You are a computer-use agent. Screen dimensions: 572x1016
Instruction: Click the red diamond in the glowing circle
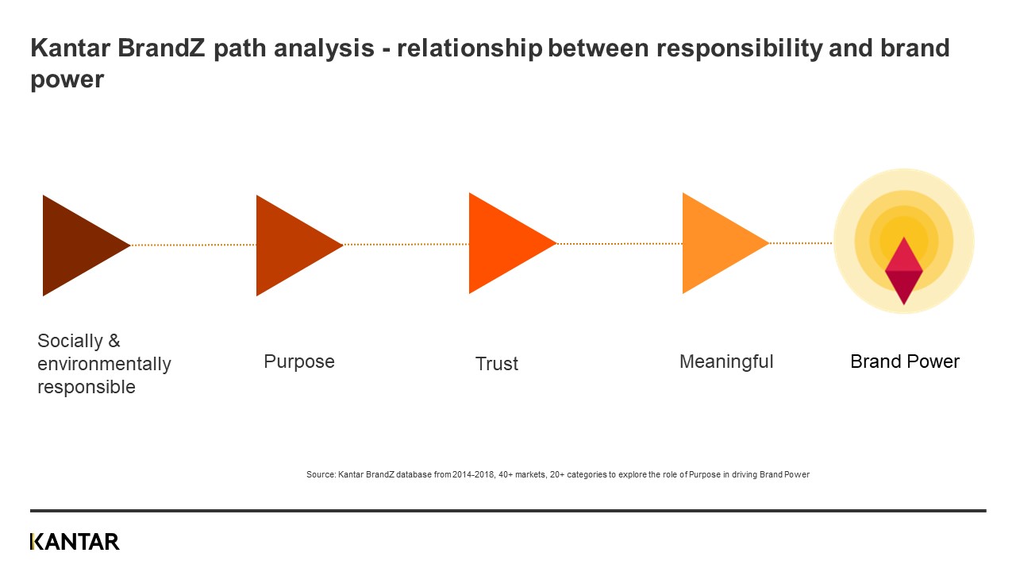tap(903, 271)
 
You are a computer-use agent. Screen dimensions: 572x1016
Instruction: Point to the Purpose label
tap(299, 361)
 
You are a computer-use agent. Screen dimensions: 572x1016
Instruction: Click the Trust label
tap(497, 364)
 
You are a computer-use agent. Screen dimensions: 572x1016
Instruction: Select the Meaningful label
tap(726, 361)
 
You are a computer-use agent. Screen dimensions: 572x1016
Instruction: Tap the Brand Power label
tap(905, 361)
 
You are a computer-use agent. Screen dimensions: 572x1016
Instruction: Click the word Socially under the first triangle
tap(70, 341)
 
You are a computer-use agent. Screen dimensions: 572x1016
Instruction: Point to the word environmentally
tap(104, 364)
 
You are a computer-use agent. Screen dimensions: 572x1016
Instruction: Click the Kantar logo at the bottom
tap(75, 542)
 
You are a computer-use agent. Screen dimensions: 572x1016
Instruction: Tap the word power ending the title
tap(67, 80)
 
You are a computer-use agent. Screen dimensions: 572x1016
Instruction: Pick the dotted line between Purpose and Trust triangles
tap(406, 244)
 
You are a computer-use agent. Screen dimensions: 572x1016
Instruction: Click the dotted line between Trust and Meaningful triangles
tap(619, 243)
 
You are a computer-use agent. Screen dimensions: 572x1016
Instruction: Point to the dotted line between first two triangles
tap(193, 245)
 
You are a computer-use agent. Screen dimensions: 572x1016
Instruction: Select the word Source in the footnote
tap(320, 474)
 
